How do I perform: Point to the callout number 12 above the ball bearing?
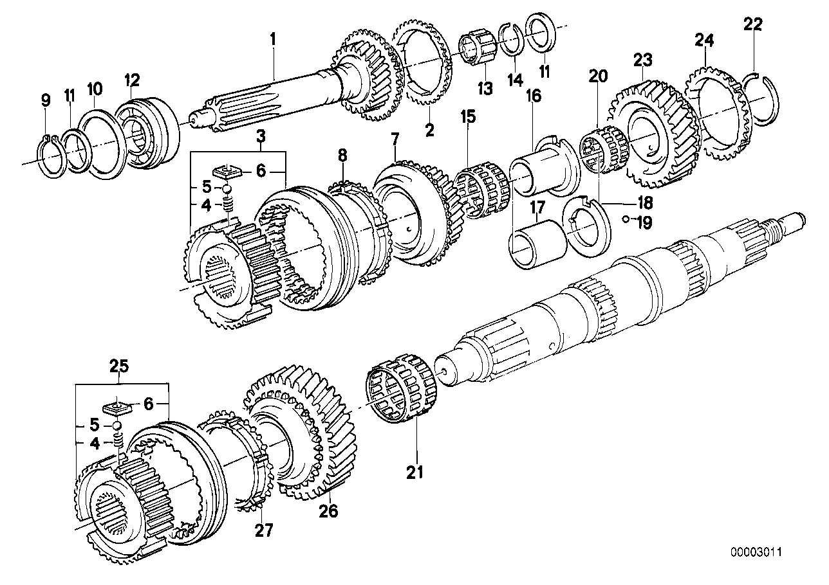(x=132, y=79)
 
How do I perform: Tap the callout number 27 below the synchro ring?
(x=263, y=530)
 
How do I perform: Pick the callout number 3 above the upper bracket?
(x=260, y=136)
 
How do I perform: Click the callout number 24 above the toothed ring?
(x=704, y=42)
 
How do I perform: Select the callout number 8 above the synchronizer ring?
(x=342, y=155)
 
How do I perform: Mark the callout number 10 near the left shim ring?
(x=94, y=87)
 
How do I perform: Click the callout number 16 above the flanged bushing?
(x=534, y=96)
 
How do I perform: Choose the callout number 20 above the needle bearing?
(x=597, y=76)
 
